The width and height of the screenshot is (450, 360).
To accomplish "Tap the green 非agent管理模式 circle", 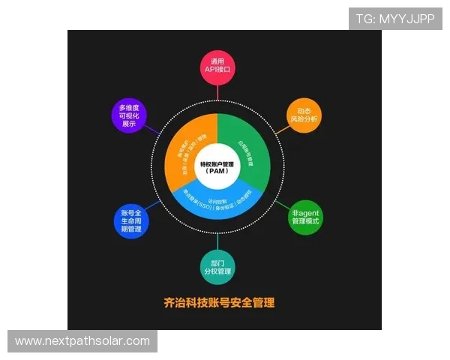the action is pos(305,217).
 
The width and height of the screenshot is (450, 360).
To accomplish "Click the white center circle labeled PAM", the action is pos(218,166).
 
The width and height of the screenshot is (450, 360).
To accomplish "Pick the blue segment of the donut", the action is pos(217,202).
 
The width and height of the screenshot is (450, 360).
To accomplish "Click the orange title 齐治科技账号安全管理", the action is pos(218,303).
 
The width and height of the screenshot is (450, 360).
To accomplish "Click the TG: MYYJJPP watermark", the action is pos(395,18).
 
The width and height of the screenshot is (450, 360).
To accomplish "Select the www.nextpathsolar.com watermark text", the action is pos(82,341).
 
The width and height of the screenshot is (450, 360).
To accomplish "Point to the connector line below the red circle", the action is pos(218,91).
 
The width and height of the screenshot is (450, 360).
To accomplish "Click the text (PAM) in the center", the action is pos(218,172).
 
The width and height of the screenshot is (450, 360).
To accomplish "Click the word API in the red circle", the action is pos(211,70).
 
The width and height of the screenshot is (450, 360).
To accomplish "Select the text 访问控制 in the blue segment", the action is pos(218,192).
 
